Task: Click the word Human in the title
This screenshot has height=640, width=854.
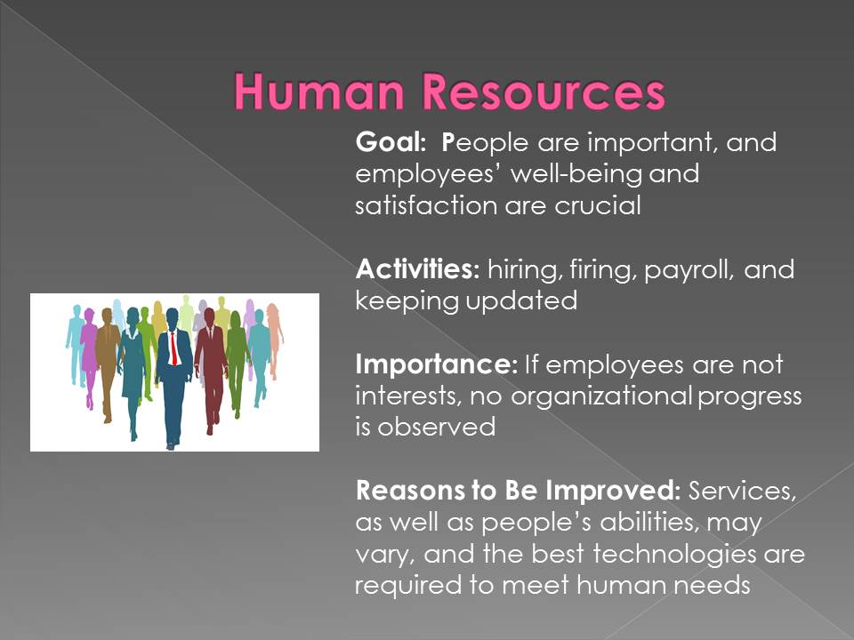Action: point(319,92)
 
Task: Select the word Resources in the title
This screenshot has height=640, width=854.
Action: point(544,92)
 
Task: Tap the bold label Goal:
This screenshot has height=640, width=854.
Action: point(391,142)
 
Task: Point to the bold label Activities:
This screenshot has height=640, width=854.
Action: point(418,268)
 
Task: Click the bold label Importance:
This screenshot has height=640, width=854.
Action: point(437,364)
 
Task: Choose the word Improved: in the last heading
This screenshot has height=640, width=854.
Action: point(613,491)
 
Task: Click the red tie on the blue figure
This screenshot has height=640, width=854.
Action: point(173,348)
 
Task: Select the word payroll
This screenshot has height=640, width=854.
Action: point(689,270)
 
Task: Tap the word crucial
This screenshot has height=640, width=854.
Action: point(598,205)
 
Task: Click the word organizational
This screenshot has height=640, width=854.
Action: point(602,396)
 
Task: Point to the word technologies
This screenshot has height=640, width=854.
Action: point(674,554)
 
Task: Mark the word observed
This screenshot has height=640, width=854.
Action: point(436,428)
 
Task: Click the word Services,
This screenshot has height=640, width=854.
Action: point(742,491)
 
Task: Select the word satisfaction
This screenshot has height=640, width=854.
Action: point(426,205)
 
